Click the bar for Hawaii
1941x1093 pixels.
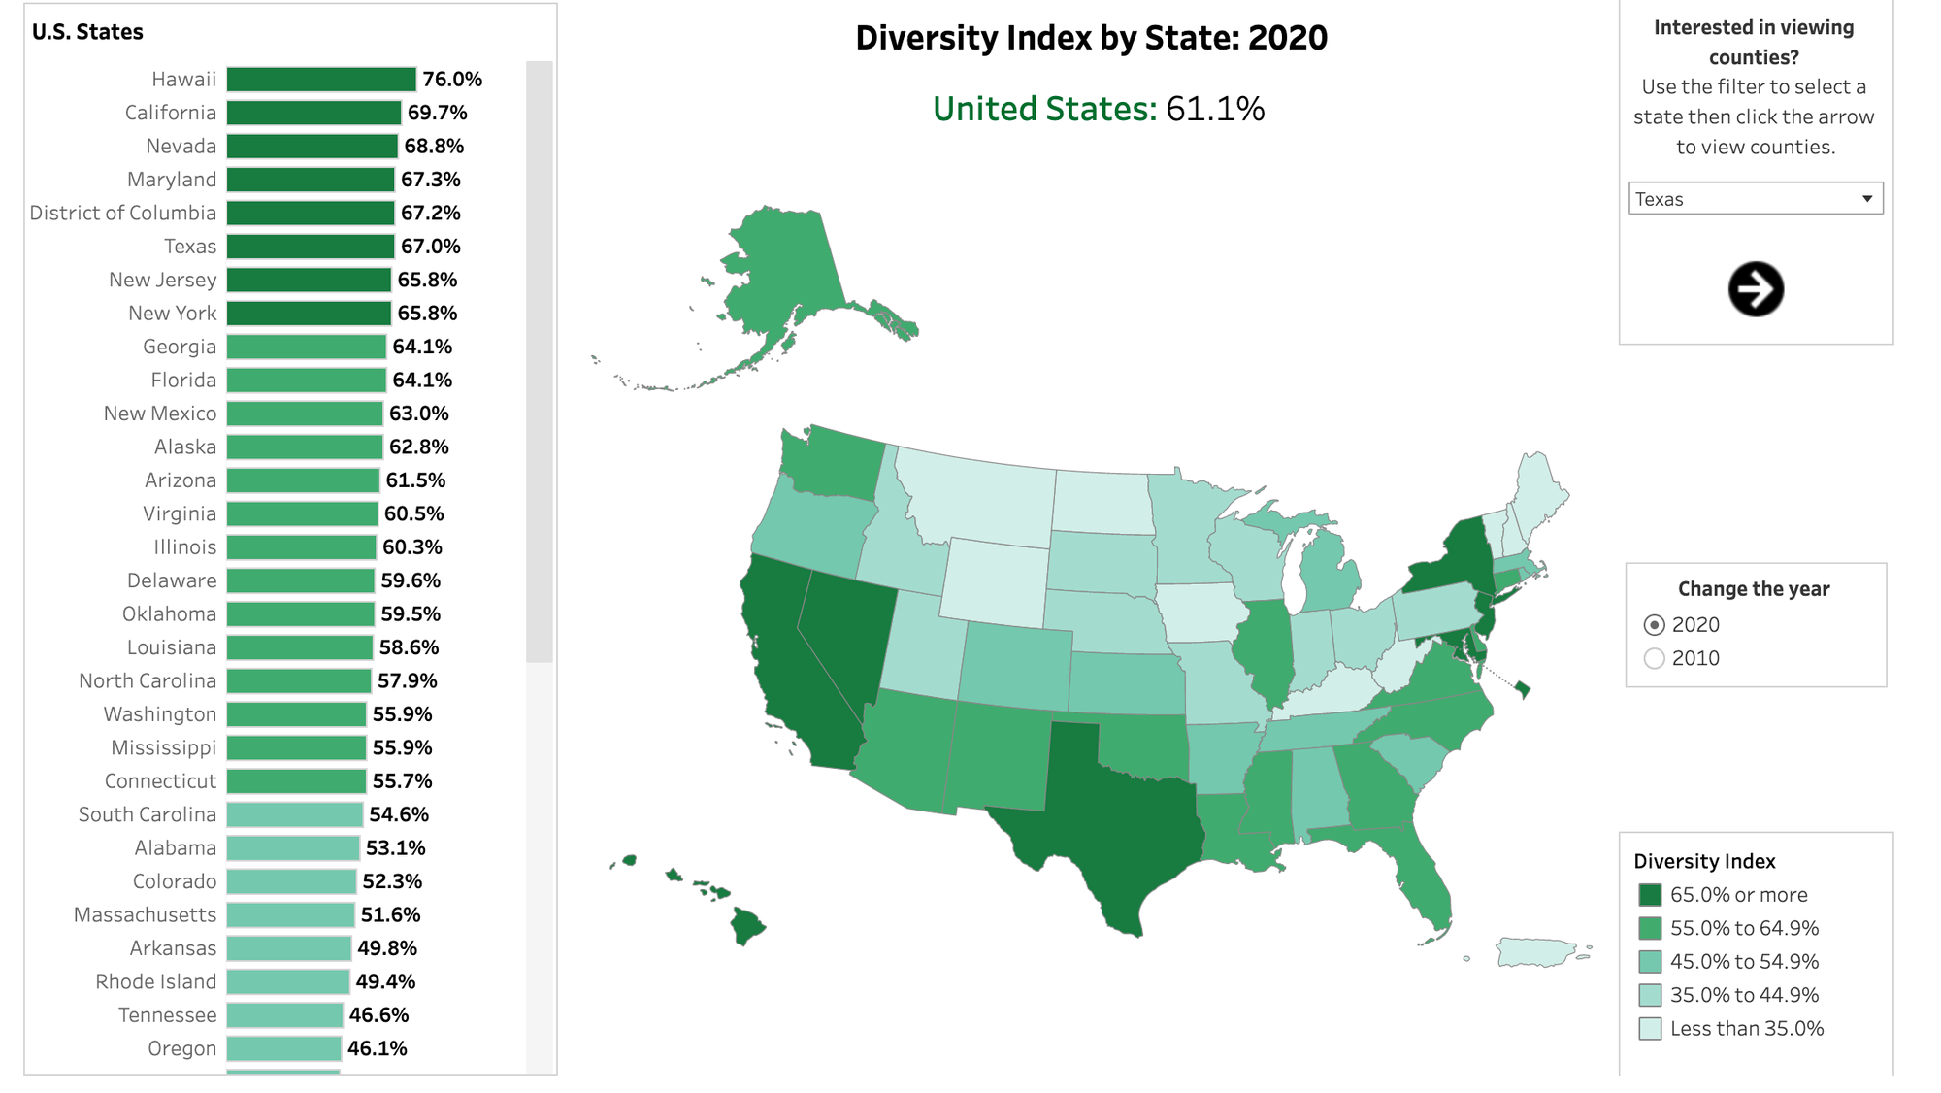point(321,80)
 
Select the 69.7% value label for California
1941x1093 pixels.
point(437,113)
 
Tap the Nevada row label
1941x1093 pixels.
point(181,147)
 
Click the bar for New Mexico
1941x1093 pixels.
point(305,414)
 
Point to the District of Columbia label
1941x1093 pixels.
point(122,214)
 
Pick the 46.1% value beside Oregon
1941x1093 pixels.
point(377,1048)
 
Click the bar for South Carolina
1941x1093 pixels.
point(295,814)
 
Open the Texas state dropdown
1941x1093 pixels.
point(1755,199)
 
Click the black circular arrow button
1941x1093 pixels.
point(1755,289)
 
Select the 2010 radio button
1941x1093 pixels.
point(1655,658)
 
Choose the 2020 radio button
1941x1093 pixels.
point(1655,625)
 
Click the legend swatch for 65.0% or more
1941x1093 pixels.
point(1649,895)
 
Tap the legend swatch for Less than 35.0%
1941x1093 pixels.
point(1649,1029)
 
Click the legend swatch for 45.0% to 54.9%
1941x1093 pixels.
point(1649,962)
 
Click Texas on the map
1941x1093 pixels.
point(1106,815)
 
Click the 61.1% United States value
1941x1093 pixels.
point(1215,110)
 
